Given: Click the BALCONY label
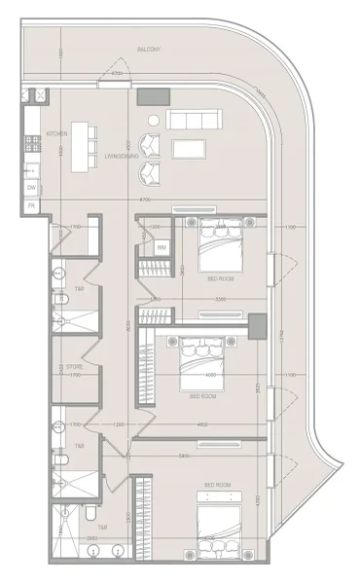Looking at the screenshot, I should pos(148,47).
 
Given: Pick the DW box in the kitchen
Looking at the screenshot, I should pos(32,188).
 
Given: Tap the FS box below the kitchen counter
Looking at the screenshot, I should pos(32,206).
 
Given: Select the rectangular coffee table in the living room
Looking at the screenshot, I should pos(189,149).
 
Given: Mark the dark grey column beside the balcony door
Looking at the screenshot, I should pos(152,96).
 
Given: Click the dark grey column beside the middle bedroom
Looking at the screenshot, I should pos(258,327).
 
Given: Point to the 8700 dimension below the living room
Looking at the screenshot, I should pos(145,200).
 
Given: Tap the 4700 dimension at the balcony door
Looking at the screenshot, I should pos(116,73).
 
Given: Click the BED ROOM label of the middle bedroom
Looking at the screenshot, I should pos(202,396).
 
